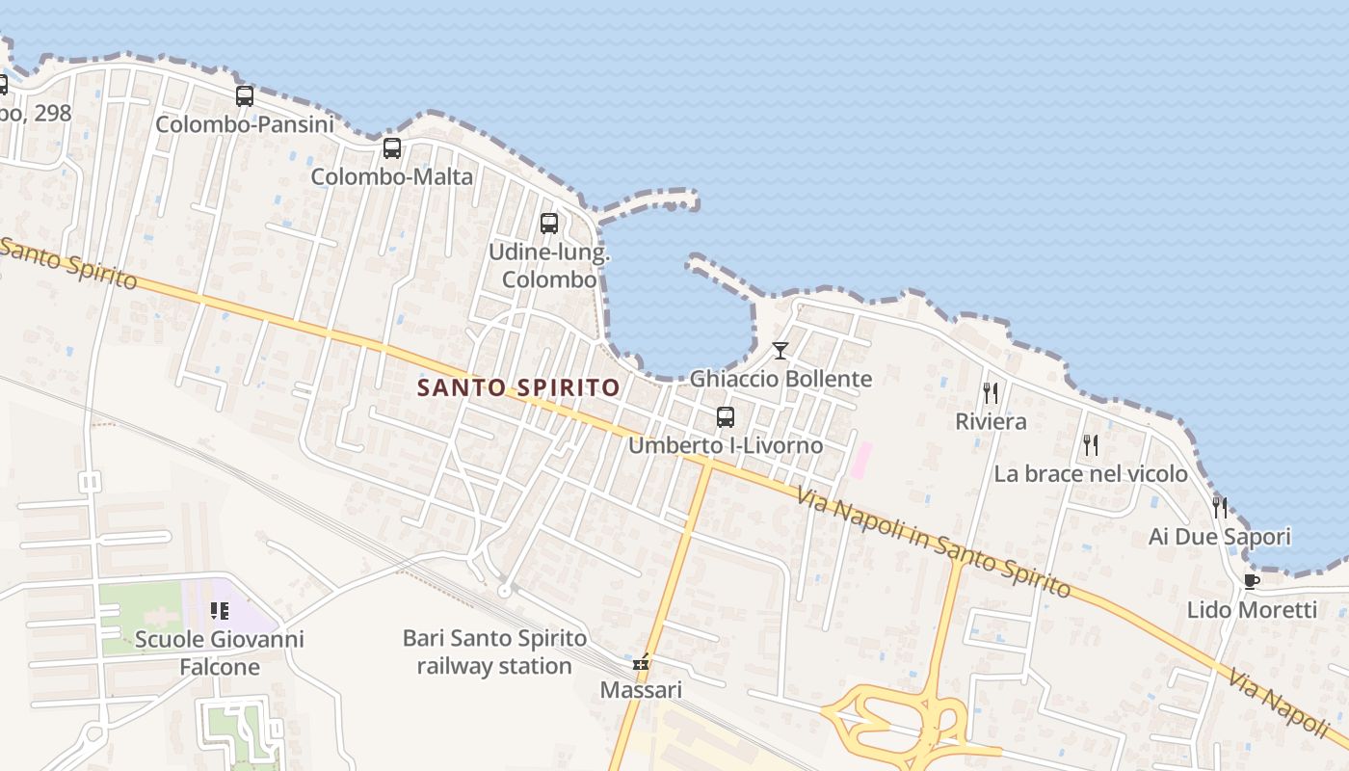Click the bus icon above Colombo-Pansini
[245, 96]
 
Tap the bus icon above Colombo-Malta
[392, 148]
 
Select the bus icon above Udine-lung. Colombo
[549, 224]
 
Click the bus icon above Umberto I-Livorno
[726, 417]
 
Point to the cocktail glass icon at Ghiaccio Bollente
[780, 351]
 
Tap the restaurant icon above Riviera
[991, 393]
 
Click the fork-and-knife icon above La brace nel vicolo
[1091, 445]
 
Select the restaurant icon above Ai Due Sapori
[1220, 508]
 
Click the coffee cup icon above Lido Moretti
[1252, 581]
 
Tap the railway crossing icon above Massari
[641, 663]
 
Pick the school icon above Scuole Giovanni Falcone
[220, 610]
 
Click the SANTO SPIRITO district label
[518, 387]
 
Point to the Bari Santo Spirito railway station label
[494, 652]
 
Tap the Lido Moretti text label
[1252, 610]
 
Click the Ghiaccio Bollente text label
[780, 379]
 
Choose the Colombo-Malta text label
[392, 177]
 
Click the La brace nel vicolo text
[1091, 474]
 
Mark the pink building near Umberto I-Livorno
[860, 459]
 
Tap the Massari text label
[641, 690]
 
